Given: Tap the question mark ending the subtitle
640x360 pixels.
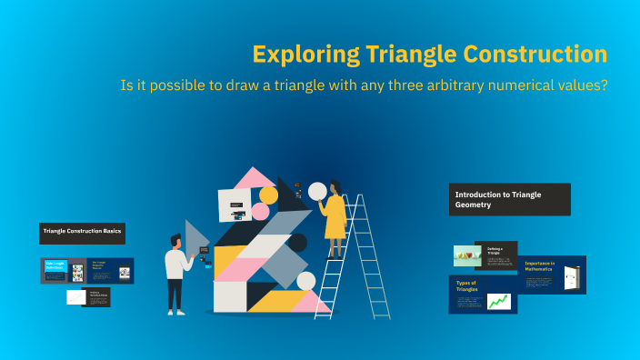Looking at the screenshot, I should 604,86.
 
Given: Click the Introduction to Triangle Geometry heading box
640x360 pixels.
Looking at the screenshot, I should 510,199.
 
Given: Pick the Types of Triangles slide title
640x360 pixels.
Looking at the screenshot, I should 467,286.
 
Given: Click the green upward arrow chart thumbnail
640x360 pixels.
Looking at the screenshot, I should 498,301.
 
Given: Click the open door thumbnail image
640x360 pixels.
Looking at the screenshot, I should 573,278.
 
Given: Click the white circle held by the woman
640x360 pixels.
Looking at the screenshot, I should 317,191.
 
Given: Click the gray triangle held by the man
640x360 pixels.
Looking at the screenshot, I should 195,235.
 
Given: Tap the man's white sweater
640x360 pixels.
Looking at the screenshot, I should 176,264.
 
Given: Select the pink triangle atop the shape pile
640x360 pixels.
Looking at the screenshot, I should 254,177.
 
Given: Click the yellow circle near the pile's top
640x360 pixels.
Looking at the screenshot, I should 269,195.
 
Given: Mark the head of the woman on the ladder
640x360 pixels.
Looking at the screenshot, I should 336,186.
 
